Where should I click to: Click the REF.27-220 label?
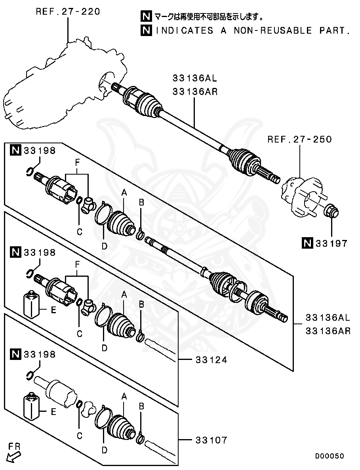coord(68,11)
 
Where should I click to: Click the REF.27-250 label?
coord(299,139)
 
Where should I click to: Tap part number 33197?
coord(331,244)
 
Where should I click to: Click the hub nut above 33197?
coord(331,211)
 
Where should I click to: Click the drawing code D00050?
coord(330,456)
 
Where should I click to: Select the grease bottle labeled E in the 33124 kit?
coord(31,305)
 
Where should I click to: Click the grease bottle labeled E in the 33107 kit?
coord(31,407)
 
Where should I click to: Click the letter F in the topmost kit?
coord(78,163)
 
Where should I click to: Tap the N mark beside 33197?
coord(307,244)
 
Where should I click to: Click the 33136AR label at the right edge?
coord(328,331)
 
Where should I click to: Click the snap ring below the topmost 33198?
coord(29,171)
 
